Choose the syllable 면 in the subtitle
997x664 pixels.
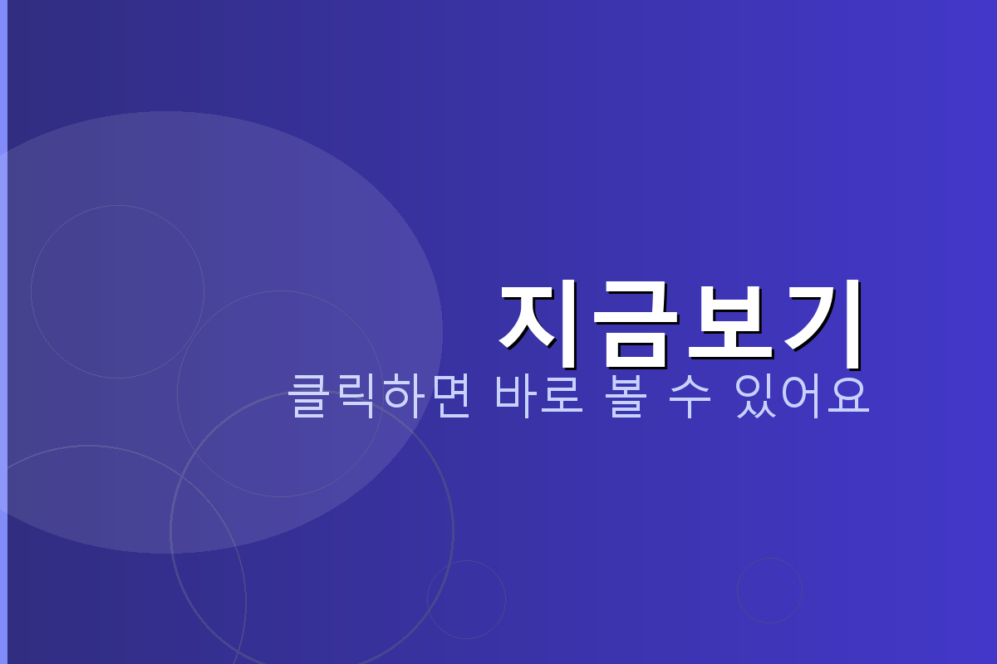click(449, 397)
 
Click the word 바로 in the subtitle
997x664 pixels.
click(540, 397)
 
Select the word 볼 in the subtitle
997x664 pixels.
click(625, 397)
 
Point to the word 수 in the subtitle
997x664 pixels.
click(690, 397)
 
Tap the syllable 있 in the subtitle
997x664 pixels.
click(755, 397)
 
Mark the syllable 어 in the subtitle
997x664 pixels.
click(802, 397)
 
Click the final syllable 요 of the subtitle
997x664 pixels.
click(848, 397)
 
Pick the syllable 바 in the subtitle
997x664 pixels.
click(517, 397)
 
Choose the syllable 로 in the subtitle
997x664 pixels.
click(563, 397)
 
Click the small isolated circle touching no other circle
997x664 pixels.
click(769, 590)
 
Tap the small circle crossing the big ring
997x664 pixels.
click(466, 599)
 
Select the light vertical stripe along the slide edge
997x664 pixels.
click(3, 332)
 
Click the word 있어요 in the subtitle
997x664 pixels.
click(802, 397)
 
